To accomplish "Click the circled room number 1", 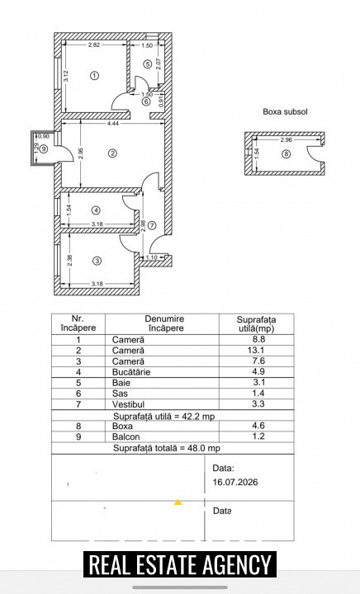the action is tap(94, 75).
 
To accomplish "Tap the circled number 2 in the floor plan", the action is tap(112, 153).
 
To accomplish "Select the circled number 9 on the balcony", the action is tap(45, 148).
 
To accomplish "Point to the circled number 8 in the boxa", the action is tap(287, 153).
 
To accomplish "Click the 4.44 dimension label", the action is tap(112, 123).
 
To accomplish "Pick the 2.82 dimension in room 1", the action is tap(94, 45).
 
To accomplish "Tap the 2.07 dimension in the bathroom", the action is tap(159, 63).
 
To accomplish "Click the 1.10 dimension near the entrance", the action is tap(152, 257).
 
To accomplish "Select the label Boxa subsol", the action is tap(285, 111).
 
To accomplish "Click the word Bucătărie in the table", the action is tap(131, 372).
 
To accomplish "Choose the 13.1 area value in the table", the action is tap(256, 351).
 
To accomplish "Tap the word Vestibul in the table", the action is tap(128, 404).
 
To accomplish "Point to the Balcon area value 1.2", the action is tap(258, 436).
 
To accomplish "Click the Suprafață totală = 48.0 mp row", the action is tap(167, 448).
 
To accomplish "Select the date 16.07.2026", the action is tap(235, 482).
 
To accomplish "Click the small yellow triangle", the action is tap(178, 502).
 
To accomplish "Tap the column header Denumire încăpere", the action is tap(164, 323).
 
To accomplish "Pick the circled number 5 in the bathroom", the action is tap(148, 64).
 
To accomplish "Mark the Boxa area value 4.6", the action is tap(258, 426).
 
